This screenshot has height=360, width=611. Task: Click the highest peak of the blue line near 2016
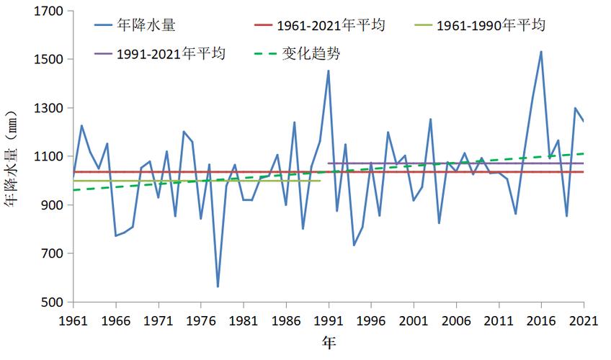541,52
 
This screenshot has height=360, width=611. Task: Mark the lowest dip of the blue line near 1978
218,287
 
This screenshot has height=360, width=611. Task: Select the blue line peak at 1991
329,71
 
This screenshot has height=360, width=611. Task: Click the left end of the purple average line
329,163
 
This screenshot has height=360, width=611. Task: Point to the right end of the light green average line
320,181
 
